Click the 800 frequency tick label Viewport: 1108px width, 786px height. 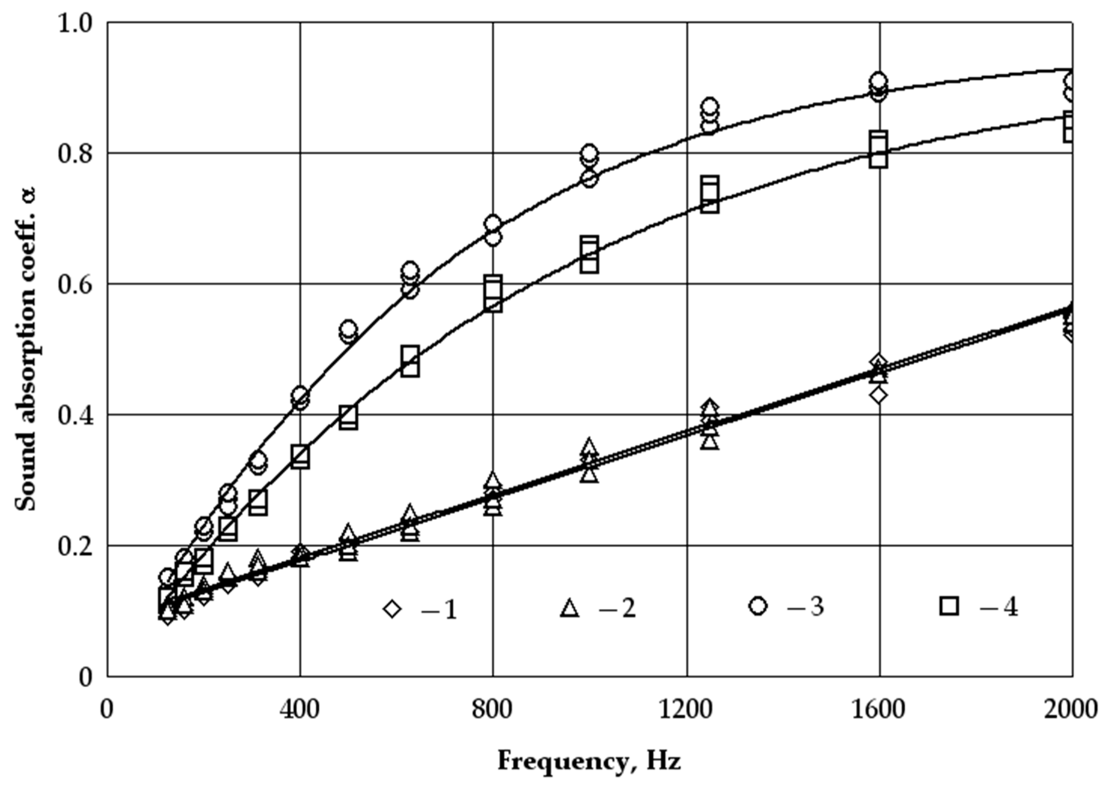click(493, 710)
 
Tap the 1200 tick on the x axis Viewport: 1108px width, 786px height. click(686, 710)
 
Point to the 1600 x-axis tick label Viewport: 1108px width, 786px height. click(879, 710)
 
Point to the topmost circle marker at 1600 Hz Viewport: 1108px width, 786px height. click(878, 81)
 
